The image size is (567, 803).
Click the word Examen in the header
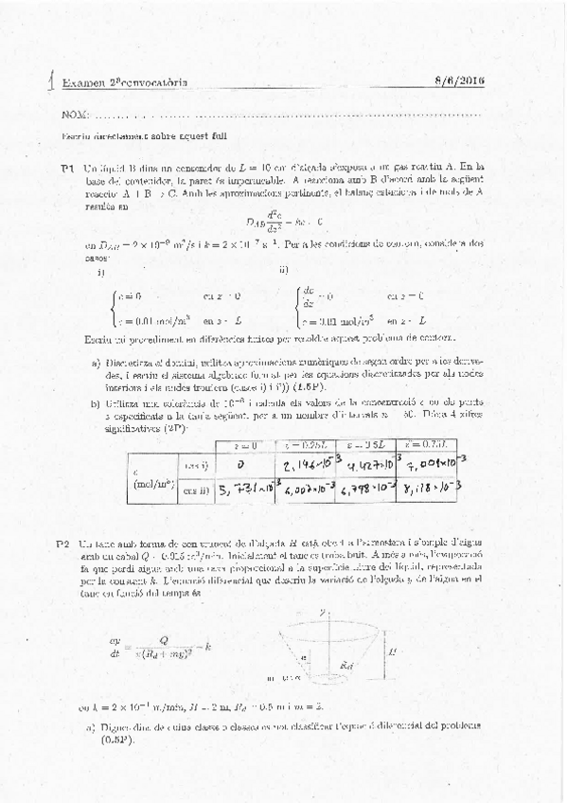[81, 83]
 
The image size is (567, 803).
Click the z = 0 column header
[242, 445]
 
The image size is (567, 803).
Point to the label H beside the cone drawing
[404, 651]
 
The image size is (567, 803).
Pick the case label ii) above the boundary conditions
[285, 269]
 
